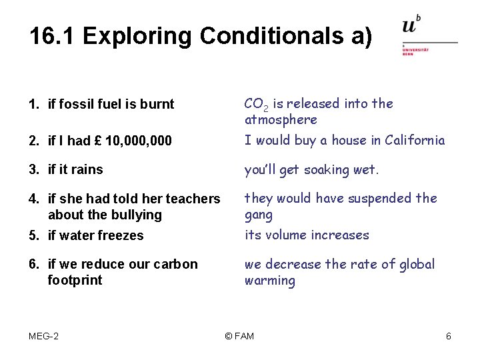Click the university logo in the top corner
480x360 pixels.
point(428,35)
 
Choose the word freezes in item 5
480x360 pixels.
point(121,235)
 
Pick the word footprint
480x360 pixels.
point(75,280)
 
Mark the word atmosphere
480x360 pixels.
point(281,120)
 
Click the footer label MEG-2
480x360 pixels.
point(43,336)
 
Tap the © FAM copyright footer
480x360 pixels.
point(239,336)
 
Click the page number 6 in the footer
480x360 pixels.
point(449,336)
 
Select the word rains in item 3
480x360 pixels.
point(88,169)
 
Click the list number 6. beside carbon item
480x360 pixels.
point(33,264)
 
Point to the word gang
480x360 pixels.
point(259,215)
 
